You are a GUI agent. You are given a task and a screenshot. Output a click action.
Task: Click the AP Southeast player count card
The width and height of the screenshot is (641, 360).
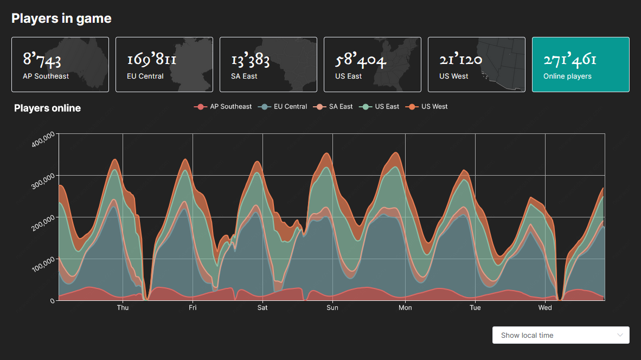coord(60,65)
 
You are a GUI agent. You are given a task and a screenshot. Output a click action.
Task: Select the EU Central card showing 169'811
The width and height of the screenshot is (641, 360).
coord(164,65)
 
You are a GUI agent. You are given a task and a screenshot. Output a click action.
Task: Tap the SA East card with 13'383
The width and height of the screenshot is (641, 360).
coord(268,65)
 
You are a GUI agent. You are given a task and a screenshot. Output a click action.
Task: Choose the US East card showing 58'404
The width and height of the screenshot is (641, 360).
coord(373,65)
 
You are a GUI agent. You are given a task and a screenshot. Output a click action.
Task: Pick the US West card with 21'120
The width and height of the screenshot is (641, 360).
coord(477,65)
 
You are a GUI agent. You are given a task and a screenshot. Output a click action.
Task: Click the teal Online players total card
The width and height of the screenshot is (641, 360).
coord(581,65)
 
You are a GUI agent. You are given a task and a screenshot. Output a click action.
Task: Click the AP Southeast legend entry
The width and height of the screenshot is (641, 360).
coord(223,107)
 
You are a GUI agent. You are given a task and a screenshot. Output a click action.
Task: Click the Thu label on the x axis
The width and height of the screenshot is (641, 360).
coord(123,308)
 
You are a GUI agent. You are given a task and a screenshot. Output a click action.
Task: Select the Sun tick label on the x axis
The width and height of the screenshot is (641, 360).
coord(332,308)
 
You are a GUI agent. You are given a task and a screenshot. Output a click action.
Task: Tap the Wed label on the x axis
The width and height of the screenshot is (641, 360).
coord(545,308)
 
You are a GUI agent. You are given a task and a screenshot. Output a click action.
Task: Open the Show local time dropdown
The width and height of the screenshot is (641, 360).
coord(561,335)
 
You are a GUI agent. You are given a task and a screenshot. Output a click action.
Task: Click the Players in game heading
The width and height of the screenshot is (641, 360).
coord(61,18)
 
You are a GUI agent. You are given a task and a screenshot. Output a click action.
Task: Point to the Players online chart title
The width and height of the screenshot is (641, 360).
coord(47,108)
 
